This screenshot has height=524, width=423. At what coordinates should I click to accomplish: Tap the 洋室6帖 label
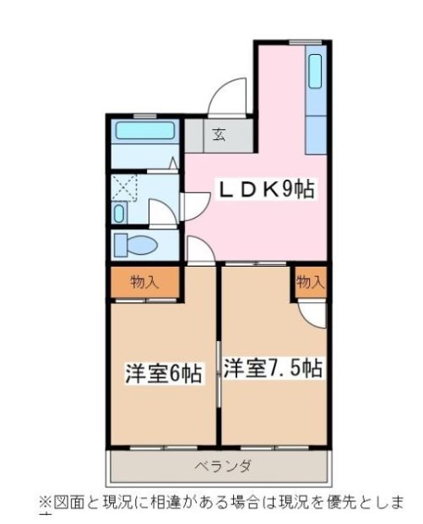pos(164,373)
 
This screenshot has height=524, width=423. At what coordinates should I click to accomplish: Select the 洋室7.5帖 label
pos(274,369)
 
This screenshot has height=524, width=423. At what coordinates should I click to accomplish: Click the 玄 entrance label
pos(219,133)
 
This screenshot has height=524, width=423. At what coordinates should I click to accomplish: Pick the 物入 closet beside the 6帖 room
pos(144,283)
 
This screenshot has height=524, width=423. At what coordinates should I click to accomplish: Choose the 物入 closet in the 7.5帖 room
pos(310,282)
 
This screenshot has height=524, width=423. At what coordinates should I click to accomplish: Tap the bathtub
pos(144,132)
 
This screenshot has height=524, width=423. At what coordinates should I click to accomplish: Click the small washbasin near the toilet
pos(119,213)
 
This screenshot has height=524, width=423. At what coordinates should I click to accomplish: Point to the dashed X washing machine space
pos(127,186)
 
